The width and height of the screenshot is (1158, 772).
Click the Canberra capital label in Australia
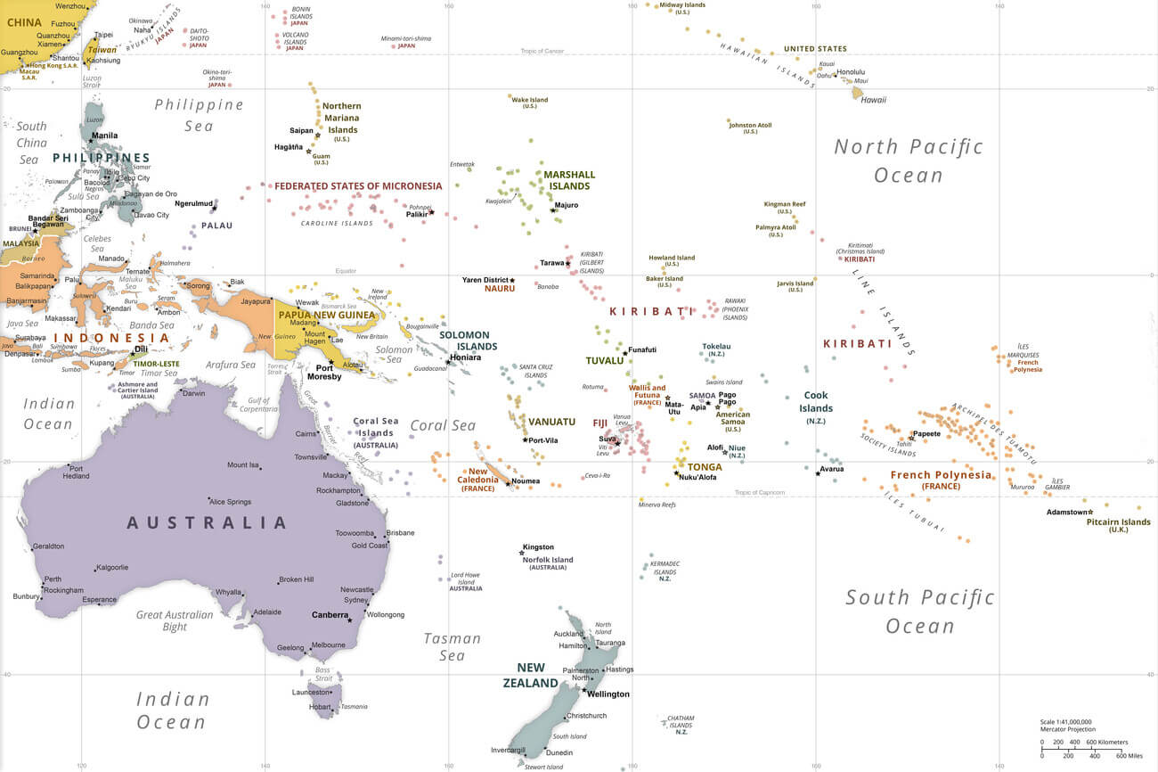click(330, 615)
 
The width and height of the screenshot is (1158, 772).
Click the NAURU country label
click(500, 289)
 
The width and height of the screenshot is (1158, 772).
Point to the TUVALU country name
click(605, 361)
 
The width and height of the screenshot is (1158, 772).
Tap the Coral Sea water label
click(443, 425)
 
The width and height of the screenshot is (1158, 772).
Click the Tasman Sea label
click(452, 646)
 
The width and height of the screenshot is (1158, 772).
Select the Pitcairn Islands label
click(1118, 522)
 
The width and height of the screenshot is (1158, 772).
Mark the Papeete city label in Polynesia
click(926, 434)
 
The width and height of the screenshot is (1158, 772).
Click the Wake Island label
click(529, 100)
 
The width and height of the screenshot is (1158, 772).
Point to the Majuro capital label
click(566, 205)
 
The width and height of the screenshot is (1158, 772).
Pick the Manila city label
click(104, 136)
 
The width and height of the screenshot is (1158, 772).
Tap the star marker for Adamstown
click(1090, 512)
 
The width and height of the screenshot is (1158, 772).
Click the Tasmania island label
click(354, 707)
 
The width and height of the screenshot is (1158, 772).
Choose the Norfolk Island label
click(548, 560)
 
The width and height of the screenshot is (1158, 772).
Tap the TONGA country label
click(705, 467)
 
